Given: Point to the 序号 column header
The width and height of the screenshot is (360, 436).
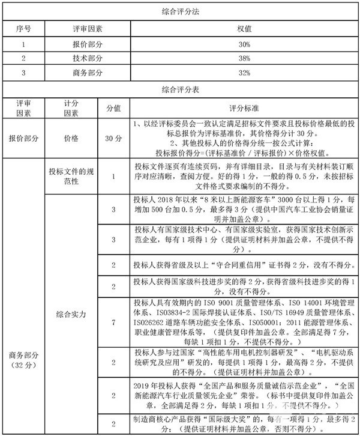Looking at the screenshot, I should tap(23, 28).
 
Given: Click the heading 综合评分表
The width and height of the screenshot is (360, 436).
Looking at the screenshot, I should tap(180, 89).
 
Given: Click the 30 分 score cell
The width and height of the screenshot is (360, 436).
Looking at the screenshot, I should tap(113, 138).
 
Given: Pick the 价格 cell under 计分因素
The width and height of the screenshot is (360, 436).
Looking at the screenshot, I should tap(71, 138).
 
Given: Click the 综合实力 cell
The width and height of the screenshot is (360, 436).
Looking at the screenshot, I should tap(71, 313).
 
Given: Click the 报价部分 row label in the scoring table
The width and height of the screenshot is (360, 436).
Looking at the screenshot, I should tap(23, 138).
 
